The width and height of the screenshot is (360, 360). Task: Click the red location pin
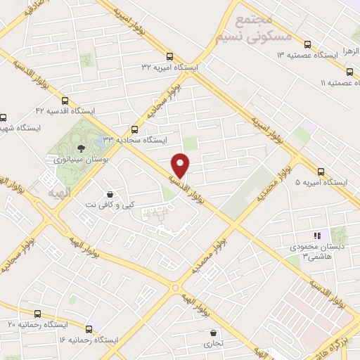point(181,165)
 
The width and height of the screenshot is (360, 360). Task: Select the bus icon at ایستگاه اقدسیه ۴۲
point(65,101)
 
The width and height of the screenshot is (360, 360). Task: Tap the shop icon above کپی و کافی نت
point(110,194)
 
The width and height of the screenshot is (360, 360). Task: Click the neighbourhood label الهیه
point(59,192)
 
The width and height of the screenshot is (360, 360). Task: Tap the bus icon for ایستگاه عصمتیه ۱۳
point(307,44)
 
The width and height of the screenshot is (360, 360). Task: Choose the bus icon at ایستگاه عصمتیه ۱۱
point(349,71)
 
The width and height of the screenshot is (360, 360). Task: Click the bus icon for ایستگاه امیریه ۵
point(321,171)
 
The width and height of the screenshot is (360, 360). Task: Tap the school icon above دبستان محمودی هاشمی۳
point(316,236)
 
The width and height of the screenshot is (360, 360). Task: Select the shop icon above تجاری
point(212,333)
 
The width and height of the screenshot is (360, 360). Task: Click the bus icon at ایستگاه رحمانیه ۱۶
point(89,328)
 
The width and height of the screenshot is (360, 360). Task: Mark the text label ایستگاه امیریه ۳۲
point(170,67)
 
